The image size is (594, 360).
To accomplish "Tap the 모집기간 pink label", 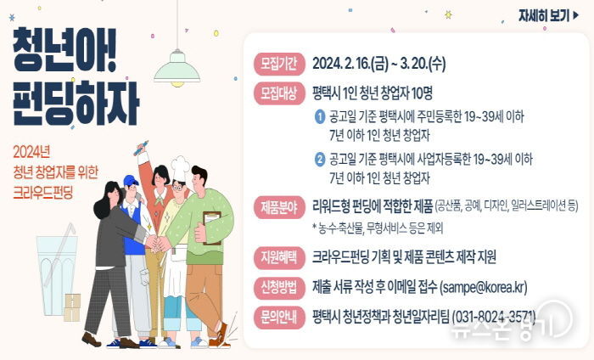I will point(279,64).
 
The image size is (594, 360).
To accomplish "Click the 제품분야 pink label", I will point(279,206).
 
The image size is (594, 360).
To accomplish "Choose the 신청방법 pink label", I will point(279,286).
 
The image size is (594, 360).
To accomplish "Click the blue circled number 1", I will point(320,116).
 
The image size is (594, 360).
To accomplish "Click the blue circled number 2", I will point(320,159).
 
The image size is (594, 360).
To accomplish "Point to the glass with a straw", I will point(57,272).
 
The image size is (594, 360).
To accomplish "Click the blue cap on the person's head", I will point(130,181).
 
